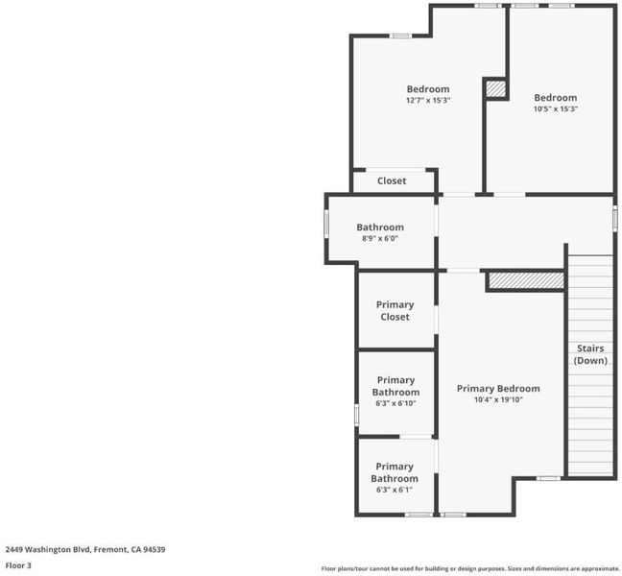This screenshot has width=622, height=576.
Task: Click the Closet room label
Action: pos(392,180)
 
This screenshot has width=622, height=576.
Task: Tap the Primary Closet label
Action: pos(395,311)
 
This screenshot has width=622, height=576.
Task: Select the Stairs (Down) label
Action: pos(590,354)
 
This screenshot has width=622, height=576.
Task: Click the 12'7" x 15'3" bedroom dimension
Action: pos(428,101)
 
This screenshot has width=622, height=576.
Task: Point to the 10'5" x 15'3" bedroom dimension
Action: pos(556,108)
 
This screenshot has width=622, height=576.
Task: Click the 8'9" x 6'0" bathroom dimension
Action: pos(380,238)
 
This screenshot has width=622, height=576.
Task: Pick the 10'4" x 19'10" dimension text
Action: pos(498,399)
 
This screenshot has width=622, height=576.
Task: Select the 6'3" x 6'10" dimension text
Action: pos(395,403)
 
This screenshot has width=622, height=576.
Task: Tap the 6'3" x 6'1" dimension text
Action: pos(395,490)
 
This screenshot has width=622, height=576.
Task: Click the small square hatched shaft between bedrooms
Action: pos(496,89)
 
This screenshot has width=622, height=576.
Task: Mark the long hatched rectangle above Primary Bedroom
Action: pos(526,280)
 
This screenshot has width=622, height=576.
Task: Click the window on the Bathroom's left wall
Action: pos(326,224)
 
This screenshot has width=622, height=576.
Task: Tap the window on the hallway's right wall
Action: pos(614,218)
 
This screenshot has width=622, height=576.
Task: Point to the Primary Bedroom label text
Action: pos(498,389)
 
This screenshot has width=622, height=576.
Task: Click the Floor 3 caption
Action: pos(18,565)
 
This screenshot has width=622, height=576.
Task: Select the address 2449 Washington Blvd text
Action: pos(49,549)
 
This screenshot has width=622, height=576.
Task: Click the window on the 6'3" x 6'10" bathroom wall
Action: pos(357,415)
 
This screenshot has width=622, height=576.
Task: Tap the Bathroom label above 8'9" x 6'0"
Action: pos(380,228)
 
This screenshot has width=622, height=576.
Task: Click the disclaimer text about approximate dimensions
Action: pos(470,569)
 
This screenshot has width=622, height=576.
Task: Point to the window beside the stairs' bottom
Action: pos(549,478)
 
